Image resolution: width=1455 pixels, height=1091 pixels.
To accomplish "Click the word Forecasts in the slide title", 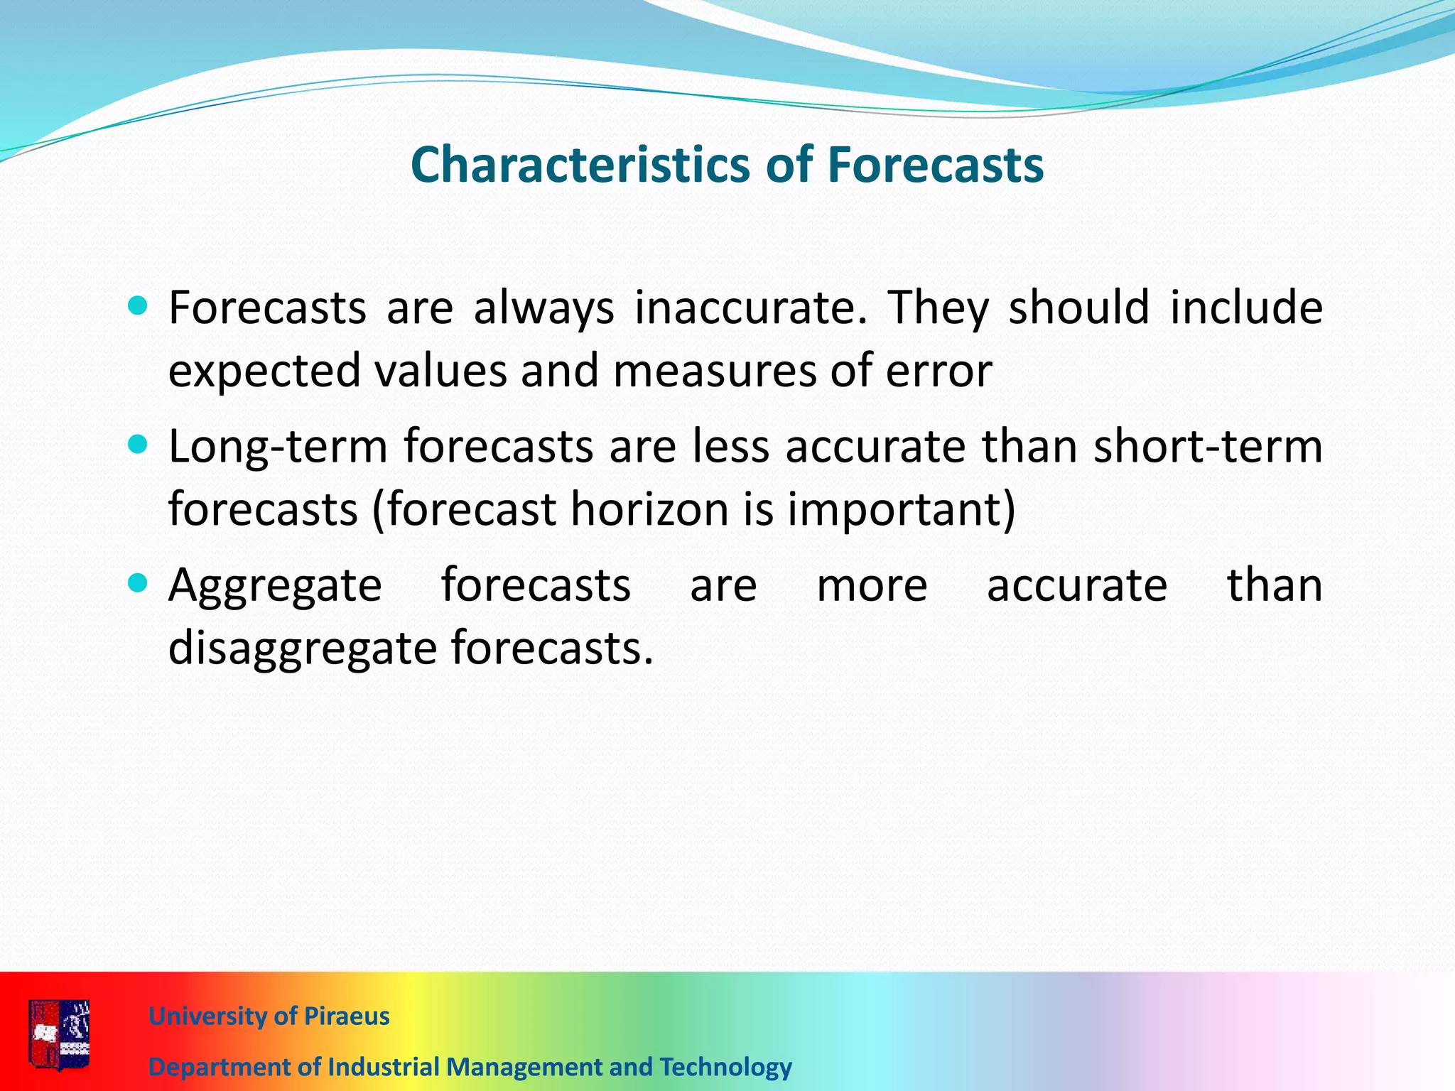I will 935,165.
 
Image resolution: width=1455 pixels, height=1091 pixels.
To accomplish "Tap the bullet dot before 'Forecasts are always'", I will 138,307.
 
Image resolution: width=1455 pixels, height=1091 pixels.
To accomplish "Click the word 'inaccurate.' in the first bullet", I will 750,308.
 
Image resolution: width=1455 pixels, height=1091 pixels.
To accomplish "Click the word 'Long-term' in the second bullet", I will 278,447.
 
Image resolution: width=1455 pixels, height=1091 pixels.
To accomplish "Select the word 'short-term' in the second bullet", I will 1208,447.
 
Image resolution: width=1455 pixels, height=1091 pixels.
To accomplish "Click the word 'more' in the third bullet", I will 872,587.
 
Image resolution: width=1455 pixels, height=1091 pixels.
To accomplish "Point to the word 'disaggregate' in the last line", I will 302,649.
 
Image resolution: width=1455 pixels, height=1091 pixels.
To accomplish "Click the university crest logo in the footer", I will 60,1034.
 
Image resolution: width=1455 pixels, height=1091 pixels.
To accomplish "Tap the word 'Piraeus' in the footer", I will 347,1016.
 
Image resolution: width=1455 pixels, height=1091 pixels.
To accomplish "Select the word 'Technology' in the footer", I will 725,1067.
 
